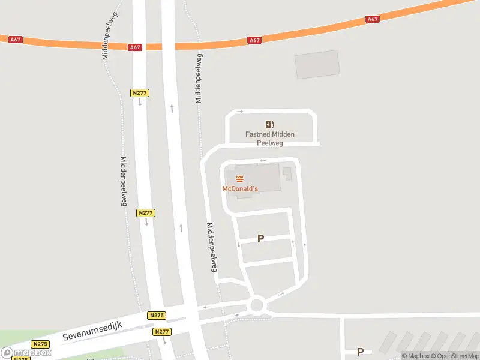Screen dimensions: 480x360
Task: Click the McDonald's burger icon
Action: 240,179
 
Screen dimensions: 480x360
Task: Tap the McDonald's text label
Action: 240,189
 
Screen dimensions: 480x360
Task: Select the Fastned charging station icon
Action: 270,124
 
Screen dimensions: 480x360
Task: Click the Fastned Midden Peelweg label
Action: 270,139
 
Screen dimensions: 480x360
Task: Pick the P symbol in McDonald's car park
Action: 260,239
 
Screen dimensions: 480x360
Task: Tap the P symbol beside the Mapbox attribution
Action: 361,352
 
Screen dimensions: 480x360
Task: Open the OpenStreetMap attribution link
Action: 455,356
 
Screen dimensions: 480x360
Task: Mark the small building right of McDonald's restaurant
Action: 287,174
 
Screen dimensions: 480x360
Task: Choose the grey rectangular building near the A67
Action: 317,65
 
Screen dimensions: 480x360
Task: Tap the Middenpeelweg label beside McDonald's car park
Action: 211,248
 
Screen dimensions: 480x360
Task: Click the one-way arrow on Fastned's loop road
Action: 240,112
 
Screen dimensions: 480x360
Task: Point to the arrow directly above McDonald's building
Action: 263,161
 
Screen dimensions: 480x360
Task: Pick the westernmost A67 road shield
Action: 16,40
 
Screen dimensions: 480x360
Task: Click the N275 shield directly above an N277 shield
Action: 156,316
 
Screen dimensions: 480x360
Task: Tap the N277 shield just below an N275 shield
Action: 162,332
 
